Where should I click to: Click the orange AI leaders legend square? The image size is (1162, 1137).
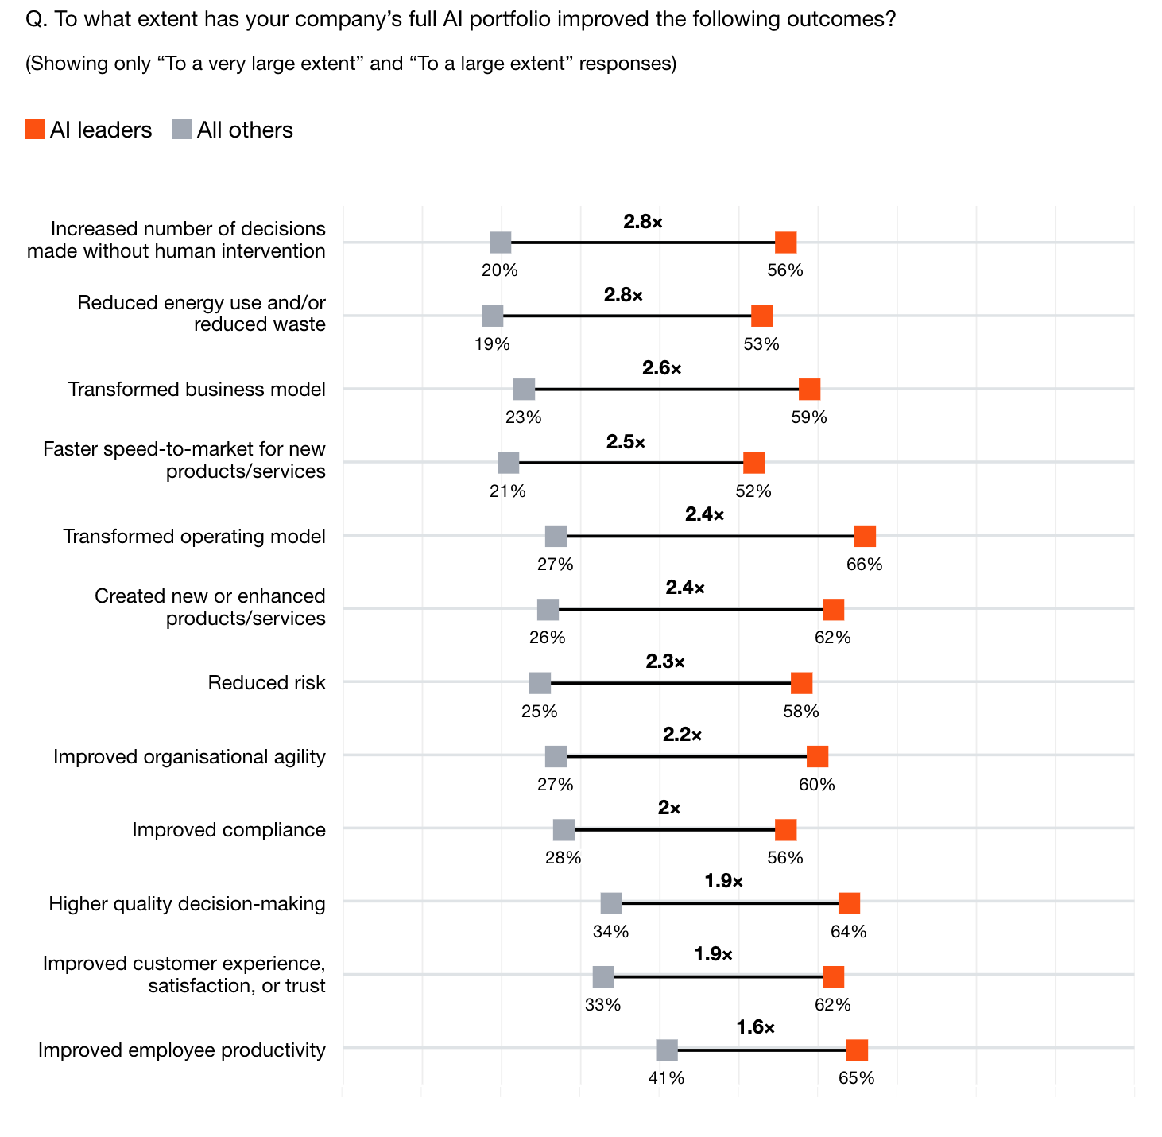[35, 130]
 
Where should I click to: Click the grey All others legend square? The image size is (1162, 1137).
[182, 130]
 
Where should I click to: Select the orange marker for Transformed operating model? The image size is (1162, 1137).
[865, 536]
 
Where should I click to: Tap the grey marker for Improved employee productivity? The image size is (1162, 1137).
[667, 1050]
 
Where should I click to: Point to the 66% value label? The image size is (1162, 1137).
[865, 565]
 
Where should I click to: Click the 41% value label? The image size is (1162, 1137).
[667, 1078]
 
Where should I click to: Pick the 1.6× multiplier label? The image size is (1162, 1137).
[755, 1027]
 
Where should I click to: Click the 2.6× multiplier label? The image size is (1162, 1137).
[662, 368]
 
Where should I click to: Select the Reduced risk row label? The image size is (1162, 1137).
[266, 683]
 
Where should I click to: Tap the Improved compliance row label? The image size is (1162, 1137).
[229, 830]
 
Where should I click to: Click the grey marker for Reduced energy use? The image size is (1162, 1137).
[492, 316]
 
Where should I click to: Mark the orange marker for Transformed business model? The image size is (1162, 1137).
[809, 390]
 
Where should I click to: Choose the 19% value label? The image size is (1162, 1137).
[492, 344]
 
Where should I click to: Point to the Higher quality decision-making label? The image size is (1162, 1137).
[187, 903]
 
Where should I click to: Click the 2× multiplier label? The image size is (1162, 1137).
[669, 808]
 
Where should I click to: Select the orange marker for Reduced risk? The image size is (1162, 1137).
[801, 683]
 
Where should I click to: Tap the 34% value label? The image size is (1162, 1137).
[610, 932]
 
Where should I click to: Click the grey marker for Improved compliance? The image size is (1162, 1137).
[564, 830]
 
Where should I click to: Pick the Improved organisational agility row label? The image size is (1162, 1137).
[189, 756]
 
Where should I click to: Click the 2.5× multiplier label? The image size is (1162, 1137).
[626, 441]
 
